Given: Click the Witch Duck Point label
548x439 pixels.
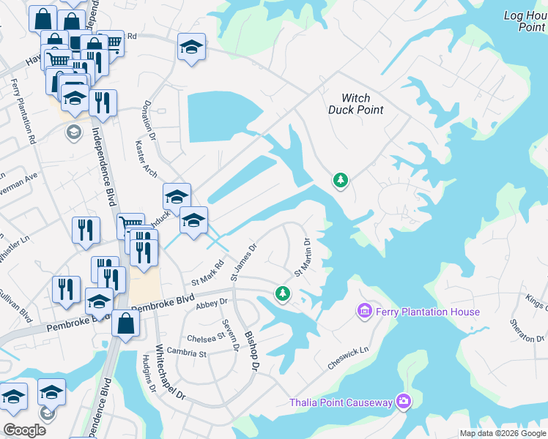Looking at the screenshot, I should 356,104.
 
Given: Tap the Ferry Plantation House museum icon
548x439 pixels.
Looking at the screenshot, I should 364,312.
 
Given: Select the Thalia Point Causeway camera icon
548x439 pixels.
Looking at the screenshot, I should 403,401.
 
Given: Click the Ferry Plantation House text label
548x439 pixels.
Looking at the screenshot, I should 428,312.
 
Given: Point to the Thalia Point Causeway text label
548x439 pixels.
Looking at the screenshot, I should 341,402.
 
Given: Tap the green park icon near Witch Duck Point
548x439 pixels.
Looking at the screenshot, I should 340,179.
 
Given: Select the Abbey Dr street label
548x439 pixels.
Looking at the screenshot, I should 213,301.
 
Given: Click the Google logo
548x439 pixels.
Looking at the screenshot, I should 24,429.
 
